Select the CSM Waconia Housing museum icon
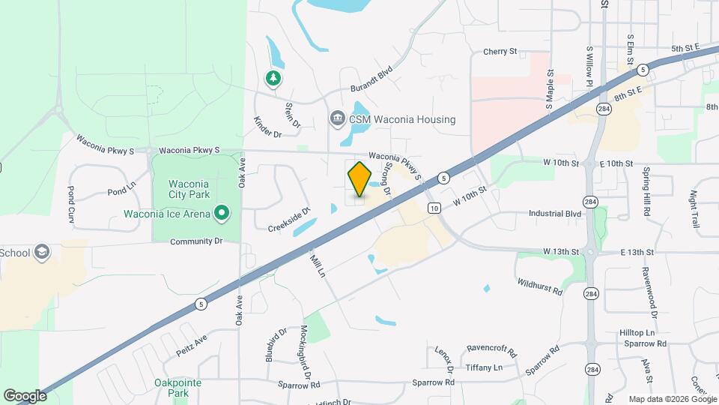[x=337, y=118]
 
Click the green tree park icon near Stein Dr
[x=274, y=78]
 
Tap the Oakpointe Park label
[x=178, y=387]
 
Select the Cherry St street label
[x=500, y=52]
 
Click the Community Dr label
[x=197, y=241]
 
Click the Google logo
[x=25, y=395]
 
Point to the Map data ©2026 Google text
[x=672, y=399]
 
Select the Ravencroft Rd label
[x=492, y=350]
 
